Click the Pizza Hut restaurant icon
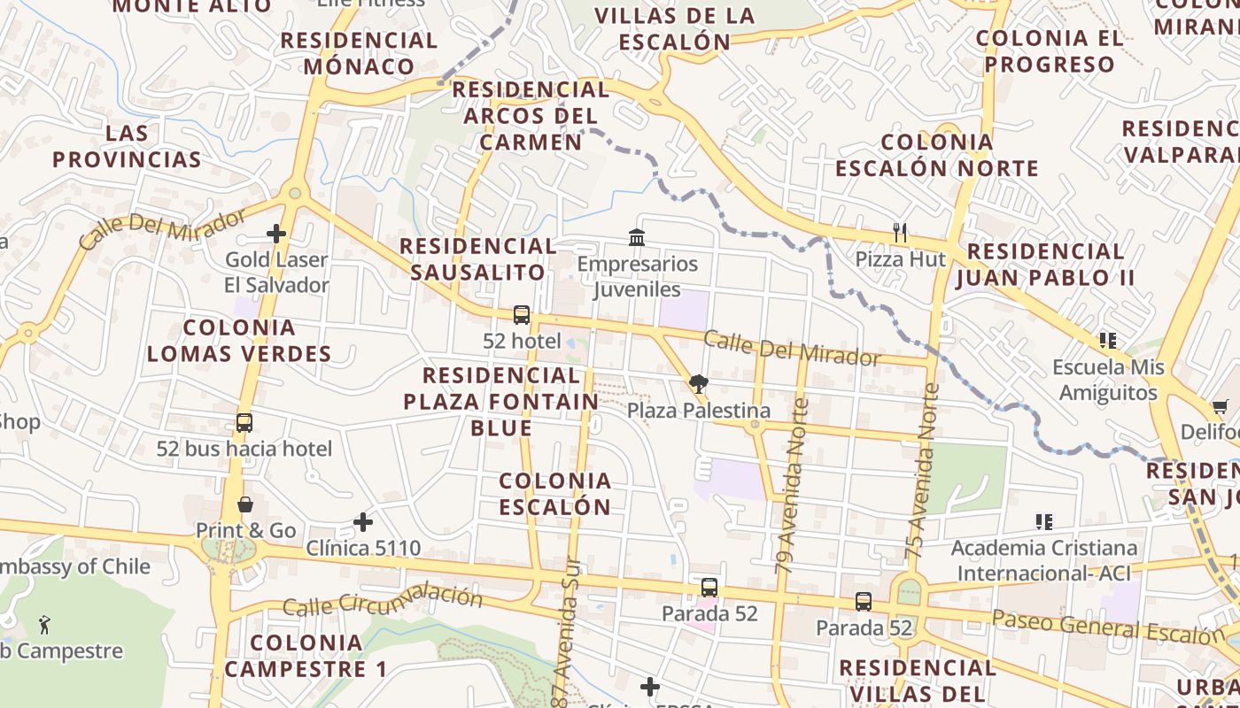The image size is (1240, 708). coord(900,233)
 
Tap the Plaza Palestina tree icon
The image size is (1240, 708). coord(698,384)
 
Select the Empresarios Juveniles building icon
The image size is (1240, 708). coord(636,237)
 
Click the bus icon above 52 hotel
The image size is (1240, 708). coord(522,315)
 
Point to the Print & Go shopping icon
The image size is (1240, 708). coord(245,504)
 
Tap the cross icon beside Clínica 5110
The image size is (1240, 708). coord(363,522)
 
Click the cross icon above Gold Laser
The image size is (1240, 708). coord(276,234)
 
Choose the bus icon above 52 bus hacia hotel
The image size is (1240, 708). coord(244,423)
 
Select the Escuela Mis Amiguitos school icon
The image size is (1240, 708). coord(1107,340)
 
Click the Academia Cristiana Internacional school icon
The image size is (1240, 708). coord(1043,522)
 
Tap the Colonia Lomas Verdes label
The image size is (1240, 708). coord(239,341)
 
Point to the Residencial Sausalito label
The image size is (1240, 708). coord(478,258)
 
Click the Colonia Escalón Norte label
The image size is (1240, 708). coord(937,155)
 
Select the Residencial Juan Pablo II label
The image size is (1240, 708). coord(1045,265)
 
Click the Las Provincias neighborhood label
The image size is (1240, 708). coord(127,146)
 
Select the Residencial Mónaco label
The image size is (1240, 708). coord(359,53)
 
